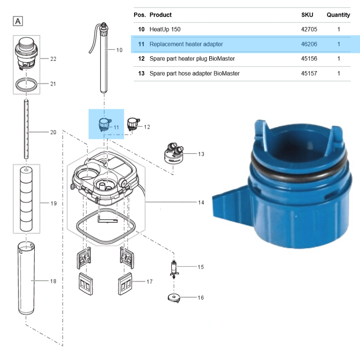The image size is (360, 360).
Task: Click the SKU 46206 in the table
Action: [309, 44]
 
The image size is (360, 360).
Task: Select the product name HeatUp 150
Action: [165, 29]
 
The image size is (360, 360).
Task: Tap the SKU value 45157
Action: [309, 73]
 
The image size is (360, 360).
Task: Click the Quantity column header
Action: [338, 15]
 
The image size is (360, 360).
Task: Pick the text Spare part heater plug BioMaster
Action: [192, 58]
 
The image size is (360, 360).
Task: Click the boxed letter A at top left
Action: [18, 21]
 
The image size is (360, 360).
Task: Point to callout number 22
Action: [53, 59]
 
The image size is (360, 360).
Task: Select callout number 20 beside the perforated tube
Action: [53, 132]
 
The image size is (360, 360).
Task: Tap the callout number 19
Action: [53, 203]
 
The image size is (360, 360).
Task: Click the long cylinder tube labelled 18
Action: [26, 279]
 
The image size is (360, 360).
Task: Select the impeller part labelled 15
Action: [175, 269]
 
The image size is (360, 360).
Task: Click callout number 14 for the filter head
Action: [201, 202]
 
